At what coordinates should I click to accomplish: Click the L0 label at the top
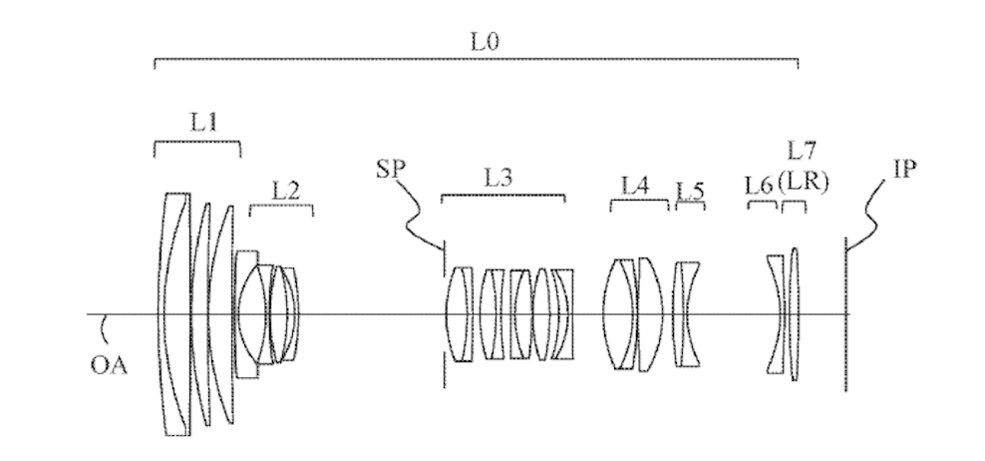pos(485,42)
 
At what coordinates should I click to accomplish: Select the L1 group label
pos(203,122)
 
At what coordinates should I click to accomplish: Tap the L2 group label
pos(285,191)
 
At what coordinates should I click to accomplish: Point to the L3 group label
pos(498,178)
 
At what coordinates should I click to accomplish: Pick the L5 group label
pos(690,192)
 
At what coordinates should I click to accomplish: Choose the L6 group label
pos(759,186)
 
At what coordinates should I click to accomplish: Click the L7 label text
pos(802,151)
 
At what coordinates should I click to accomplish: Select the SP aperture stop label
pos(391,170)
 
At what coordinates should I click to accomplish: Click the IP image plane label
pos(904,169)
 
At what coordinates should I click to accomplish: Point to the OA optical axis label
pos(109,365)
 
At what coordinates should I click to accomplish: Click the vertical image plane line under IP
pos(845,314)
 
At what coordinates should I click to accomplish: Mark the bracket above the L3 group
pos(502,196)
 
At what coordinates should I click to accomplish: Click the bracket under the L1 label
pos(197,142)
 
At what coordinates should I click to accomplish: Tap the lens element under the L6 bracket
pos(777,314)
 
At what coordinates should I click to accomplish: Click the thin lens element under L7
pos(795,314)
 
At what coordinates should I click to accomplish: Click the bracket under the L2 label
pos(281,207)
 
